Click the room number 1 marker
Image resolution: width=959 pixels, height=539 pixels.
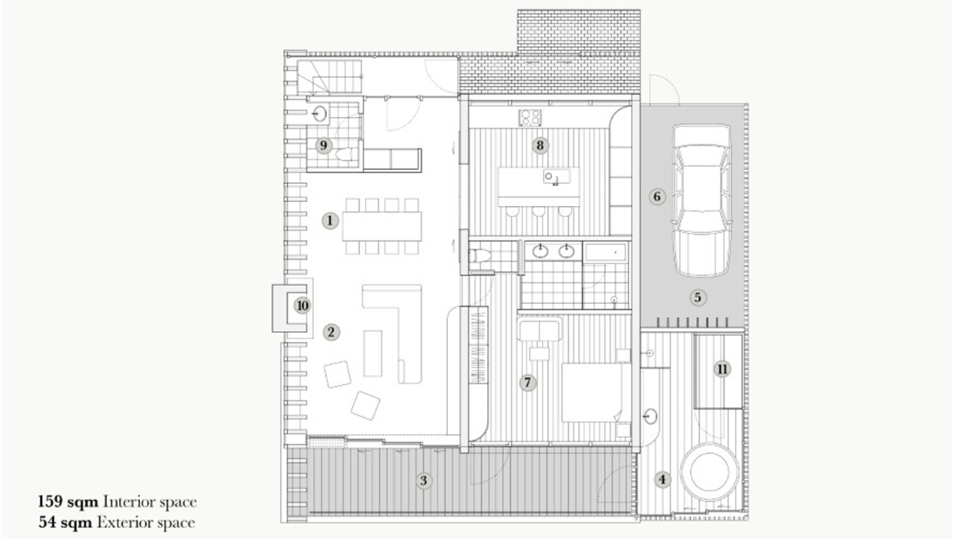point(330,220)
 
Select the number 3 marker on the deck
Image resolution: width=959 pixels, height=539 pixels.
point(424,481)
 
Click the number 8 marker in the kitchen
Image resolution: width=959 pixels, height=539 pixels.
point(540,145)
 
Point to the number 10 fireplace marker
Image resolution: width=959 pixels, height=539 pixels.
point(302,305)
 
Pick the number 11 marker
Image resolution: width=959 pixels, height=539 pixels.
point(721,368)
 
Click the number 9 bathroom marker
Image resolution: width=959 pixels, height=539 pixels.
point(324,145)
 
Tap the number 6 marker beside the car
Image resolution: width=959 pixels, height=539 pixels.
point(657,197)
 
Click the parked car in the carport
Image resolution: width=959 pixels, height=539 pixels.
point(701,201)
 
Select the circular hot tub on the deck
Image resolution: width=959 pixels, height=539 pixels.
point(713,472)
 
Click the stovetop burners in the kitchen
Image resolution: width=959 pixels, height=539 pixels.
point(531,118)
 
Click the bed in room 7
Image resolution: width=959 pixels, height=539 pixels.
point(592,392)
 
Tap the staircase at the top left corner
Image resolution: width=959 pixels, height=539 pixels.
point(330,78)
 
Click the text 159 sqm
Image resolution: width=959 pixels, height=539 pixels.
point(69,502)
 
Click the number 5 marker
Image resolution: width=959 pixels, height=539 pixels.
point(698,297)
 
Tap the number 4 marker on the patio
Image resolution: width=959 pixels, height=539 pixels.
point(662,479)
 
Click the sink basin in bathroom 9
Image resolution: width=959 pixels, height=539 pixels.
point(320,115)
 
